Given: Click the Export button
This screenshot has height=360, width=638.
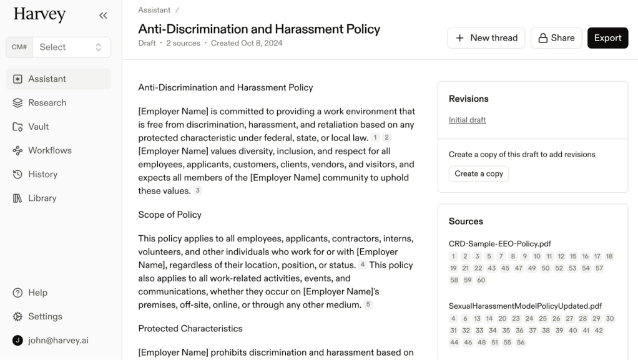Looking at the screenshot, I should point(607,38).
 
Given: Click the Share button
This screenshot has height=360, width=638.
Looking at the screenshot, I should point(556,38).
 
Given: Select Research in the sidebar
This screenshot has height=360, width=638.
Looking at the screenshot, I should point(47,103).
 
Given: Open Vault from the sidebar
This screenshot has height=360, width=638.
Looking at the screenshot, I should point(38,127).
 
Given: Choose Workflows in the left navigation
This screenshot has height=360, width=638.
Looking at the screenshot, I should point(49,150).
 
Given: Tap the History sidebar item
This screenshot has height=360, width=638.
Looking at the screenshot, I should point(42,174).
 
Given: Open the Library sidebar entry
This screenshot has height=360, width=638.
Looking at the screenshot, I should point(42,198).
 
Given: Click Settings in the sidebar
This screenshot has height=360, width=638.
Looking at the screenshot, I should point(45,316).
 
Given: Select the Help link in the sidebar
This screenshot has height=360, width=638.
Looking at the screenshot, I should point(37,293).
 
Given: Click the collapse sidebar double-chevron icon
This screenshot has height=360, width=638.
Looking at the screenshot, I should point(103,16).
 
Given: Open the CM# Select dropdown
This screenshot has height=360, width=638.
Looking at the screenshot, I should point(59,47).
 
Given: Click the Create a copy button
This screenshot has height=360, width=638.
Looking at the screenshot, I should point(479,173).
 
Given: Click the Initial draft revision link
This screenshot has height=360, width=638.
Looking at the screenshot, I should point(467,120).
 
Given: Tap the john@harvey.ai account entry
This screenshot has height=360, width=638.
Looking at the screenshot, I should point(58,340).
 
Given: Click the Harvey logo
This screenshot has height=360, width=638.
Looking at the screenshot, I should point(39,14).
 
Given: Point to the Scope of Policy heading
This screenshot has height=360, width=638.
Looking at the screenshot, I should point(170,215).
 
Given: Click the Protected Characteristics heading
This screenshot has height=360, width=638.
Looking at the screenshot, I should point(190,328).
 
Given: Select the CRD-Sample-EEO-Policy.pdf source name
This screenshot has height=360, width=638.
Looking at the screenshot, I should point(499,244).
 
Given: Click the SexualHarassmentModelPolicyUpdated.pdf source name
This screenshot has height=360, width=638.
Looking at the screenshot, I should point(525,306).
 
